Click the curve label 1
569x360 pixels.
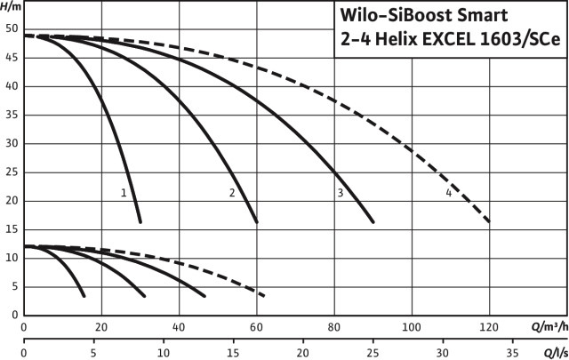(x=124, y=192)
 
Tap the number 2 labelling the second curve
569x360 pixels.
(x=232, y=193)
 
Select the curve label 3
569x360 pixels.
(x=340, y=193)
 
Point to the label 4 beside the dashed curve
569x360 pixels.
(x=449, y=193)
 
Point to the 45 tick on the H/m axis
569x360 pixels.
(x=12, y=58)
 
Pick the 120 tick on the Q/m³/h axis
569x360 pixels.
(x=489, y=326)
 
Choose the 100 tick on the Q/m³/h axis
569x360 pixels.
(x=412, y=326)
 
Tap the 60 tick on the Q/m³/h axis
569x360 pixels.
(x=256, y=326)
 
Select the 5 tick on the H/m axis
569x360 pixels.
(x=14, y=286)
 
